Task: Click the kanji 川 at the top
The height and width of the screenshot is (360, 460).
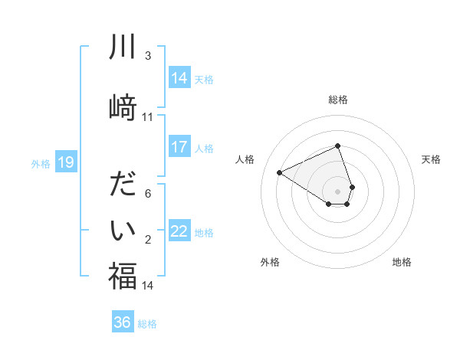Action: click(x=122, y=47)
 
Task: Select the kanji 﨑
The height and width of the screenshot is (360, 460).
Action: click(x=122, y=106)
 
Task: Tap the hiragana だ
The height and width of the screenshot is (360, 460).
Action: click(x=122, y=185)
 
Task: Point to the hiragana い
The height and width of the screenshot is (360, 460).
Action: click(x=122, y=230)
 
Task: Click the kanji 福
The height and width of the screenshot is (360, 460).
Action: click(x=122, y=277)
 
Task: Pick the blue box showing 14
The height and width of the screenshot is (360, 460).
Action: click(x=179, y=78)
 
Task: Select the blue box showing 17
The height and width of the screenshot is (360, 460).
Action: click(x=179, y=147)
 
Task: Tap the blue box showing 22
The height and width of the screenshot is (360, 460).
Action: click(x=179, y=231)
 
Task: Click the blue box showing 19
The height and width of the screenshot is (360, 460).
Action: click(x=65, y=162)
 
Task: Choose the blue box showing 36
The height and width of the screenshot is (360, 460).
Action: click(x=122, y=322)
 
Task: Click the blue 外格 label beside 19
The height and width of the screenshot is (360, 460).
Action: click(x=41, y=163)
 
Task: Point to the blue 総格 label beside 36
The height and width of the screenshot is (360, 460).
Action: click(x=147, y=324)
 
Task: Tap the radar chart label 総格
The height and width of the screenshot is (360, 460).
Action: click(x=338, y=100)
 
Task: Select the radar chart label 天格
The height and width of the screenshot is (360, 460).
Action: click(x=431, y=159)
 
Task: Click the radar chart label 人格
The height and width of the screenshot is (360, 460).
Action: click(x=245, y=159)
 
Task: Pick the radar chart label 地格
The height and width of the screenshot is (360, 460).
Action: click(x=402, y=262)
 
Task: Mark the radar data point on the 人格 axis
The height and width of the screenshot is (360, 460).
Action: click(x=280, y=172)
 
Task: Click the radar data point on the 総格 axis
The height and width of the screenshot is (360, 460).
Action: click(x=338, y=146)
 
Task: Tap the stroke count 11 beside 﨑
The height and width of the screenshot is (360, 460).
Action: click(x=147, y=117)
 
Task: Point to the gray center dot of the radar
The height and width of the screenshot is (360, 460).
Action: click(x=338, y=190)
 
